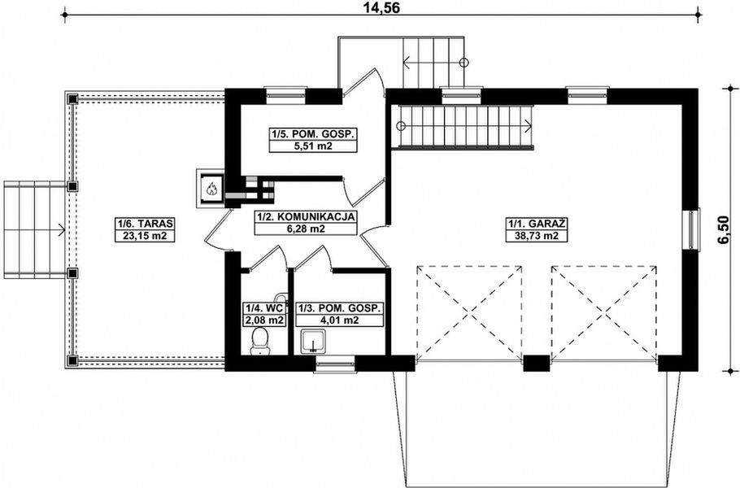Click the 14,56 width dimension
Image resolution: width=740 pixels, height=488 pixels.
click(x=382, y=8)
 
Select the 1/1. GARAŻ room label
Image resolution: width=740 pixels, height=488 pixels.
click(x=537, y=223)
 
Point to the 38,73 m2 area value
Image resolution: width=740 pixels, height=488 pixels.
click(x=537, y=235)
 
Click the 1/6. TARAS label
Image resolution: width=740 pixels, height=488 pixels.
click(x=146, y=223)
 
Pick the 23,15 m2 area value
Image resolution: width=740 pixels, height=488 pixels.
click(x=146, y=235)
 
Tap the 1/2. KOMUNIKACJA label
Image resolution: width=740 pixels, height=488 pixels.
click(x=306, y=216)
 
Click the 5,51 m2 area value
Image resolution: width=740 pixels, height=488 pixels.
click(x=313, y=146)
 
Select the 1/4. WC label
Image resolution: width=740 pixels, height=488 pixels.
click(x=263, y=307)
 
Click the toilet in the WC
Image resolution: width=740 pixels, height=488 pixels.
click(x=260, y=342)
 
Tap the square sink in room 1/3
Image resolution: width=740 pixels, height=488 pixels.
click(x=312, y=342)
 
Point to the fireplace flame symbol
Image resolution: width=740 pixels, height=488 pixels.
click(x=211, y=190)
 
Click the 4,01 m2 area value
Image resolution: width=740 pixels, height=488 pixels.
click(x=339, y=320)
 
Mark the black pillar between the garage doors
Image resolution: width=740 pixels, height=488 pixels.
click(x=537, y=363)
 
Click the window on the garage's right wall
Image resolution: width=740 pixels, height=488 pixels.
click(x=692, y=229)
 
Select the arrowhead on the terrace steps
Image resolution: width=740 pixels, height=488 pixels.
click(x=61, y=230)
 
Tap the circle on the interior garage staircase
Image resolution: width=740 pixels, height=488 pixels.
click(x=401, y=126)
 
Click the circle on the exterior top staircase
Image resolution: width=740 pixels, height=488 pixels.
click(x=464, y=62)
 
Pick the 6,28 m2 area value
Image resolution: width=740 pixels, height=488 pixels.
click(x=305, y=229)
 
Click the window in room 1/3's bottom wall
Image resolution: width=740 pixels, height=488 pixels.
click(x=334, y=365)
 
